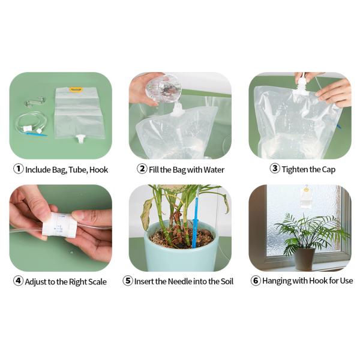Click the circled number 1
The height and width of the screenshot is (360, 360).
(19, 169)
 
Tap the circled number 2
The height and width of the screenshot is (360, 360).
(142, 169)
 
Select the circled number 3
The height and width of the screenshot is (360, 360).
(275, 169)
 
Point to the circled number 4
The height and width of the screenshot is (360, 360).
(18, 281)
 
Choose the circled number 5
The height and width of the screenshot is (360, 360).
(128, 281)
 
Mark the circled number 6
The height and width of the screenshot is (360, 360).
(256, 281)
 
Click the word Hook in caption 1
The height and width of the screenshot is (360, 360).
(98, 170)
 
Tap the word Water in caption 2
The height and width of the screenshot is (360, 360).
(213, 170)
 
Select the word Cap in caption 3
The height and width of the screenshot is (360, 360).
(328, 169)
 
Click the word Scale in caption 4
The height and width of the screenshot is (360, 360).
(95, 281)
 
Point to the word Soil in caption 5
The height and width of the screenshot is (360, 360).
(226, 281)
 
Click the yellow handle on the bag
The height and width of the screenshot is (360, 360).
(76, 90)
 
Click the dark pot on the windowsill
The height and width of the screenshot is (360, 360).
(304, 259)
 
